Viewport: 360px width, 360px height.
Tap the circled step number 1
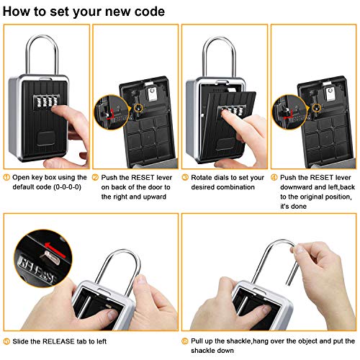7,177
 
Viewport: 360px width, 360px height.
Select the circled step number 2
96,177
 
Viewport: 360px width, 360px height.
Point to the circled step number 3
185,177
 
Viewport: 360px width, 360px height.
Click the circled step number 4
274,177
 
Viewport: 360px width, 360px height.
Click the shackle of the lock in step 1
43,43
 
